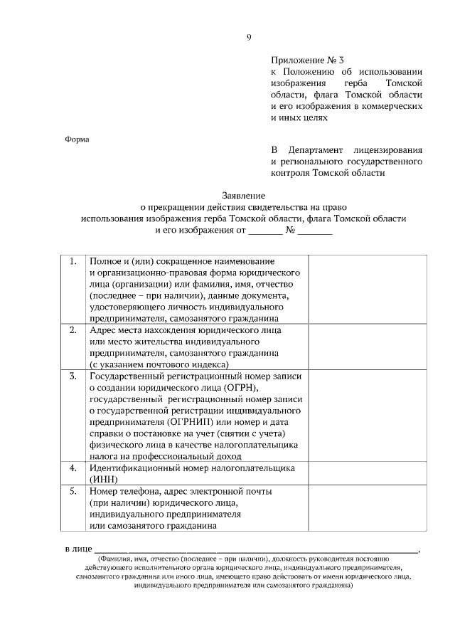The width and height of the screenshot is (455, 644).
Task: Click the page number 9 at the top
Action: (x=249, y=38)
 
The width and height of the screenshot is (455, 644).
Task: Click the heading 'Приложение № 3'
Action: (x=302, y=60)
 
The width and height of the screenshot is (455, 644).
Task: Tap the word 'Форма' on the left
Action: (x=77, y=139)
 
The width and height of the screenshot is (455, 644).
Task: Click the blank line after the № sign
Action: (x=314, y=231)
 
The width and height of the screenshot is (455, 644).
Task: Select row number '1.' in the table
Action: (x=73, y=261)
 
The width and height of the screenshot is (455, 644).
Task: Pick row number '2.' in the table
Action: (x=73, y=330)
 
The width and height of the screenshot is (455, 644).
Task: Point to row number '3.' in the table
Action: (x=73, y=376)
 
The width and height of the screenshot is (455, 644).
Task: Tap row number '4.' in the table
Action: (x=73, y=468)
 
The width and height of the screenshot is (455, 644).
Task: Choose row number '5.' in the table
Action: (x=73, y=491)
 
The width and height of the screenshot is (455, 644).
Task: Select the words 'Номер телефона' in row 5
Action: (x=124, y=491)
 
